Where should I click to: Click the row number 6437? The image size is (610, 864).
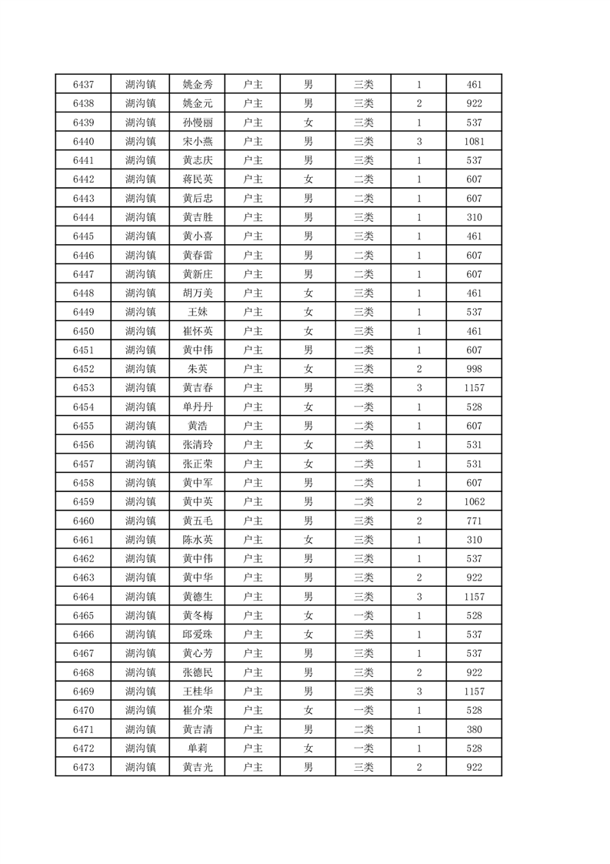tap(83, 84)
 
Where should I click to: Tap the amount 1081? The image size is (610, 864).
tap(474, 141)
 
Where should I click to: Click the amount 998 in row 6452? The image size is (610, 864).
tap(474, 369)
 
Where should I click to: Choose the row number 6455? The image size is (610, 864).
tap(83, 426)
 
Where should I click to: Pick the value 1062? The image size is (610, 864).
tap(474, 502)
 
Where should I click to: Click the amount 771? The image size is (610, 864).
tap(474, 521)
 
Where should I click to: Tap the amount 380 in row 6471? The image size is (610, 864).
tap(474, 729)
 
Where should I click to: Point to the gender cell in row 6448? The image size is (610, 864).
tap(308, 293)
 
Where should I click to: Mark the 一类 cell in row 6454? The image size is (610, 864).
tap(363, 407)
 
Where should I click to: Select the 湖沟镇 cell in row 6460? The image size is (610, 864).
tap(141, 521)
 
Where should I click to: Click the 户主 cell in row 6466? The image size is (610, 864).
tap(252, 635)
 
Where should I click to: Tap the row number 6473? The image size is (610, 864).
tap(83, 767)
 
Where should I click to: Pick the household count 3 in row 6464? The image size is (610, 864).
tap(419, 597)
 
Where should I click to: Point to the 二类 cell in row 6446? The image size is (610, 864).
tap(363, 255)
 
